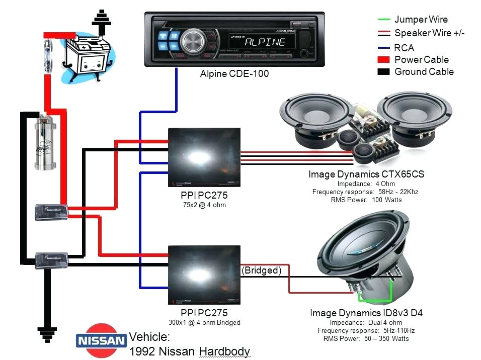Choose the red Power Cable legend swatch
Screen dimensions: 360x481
[x=384, y=60]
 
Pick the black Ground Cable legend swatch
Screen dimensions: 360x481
[x=384, y=72]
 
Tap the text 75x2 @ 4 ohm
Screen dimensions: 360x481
[x=204, y=205]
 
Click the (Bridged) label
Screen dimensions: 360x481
[x=262, y=271]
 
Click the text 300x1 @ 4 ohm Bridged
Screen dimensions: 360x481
[x=204, y=322]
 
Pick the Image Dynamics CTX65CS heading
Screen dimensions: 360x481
[x=366, y=174]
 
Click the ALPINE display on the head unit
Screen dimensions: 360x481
[x=265, y=41]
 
